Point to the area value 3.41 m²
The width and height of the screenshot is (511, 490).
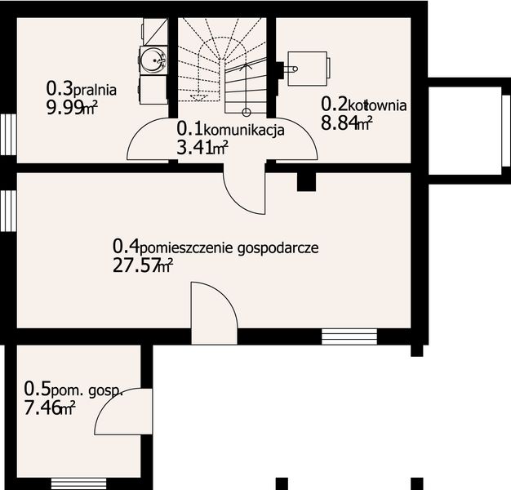pos(202,148)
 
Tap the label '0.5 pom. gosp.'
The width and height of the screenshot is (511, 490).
pos(73,390)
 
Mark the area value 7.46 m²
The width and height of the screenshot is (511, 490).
pos(50,408)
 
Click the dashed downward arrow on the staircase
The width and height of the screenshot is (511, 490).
pos(196,96)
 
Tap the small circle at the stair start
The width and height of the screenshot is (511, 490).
pos(247,110)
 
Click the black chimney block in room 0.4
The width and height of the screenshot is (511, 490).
pos(306,181)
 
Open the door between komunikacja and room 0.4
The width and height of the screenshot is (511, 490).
pos(245,186)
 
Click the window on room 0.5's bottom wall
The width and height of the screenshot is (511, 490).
pos(72,483)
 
